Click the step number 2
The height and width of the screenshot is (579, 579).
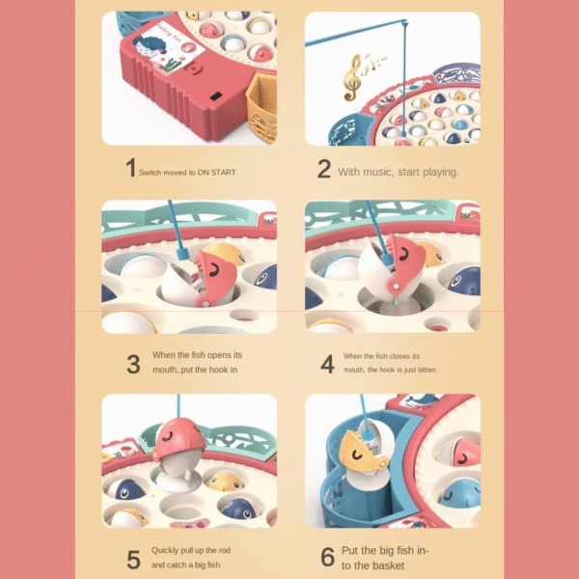tap(324, 170)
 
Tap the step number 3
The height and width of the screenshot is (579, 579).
tap(133, 364)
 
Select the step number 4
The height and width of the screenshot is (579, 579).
tap(326, 364)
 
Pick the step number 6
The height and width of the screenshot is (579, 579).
tap(325, 557)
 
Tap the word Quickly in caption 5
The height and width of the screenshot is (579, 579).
tap(167, 550)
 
